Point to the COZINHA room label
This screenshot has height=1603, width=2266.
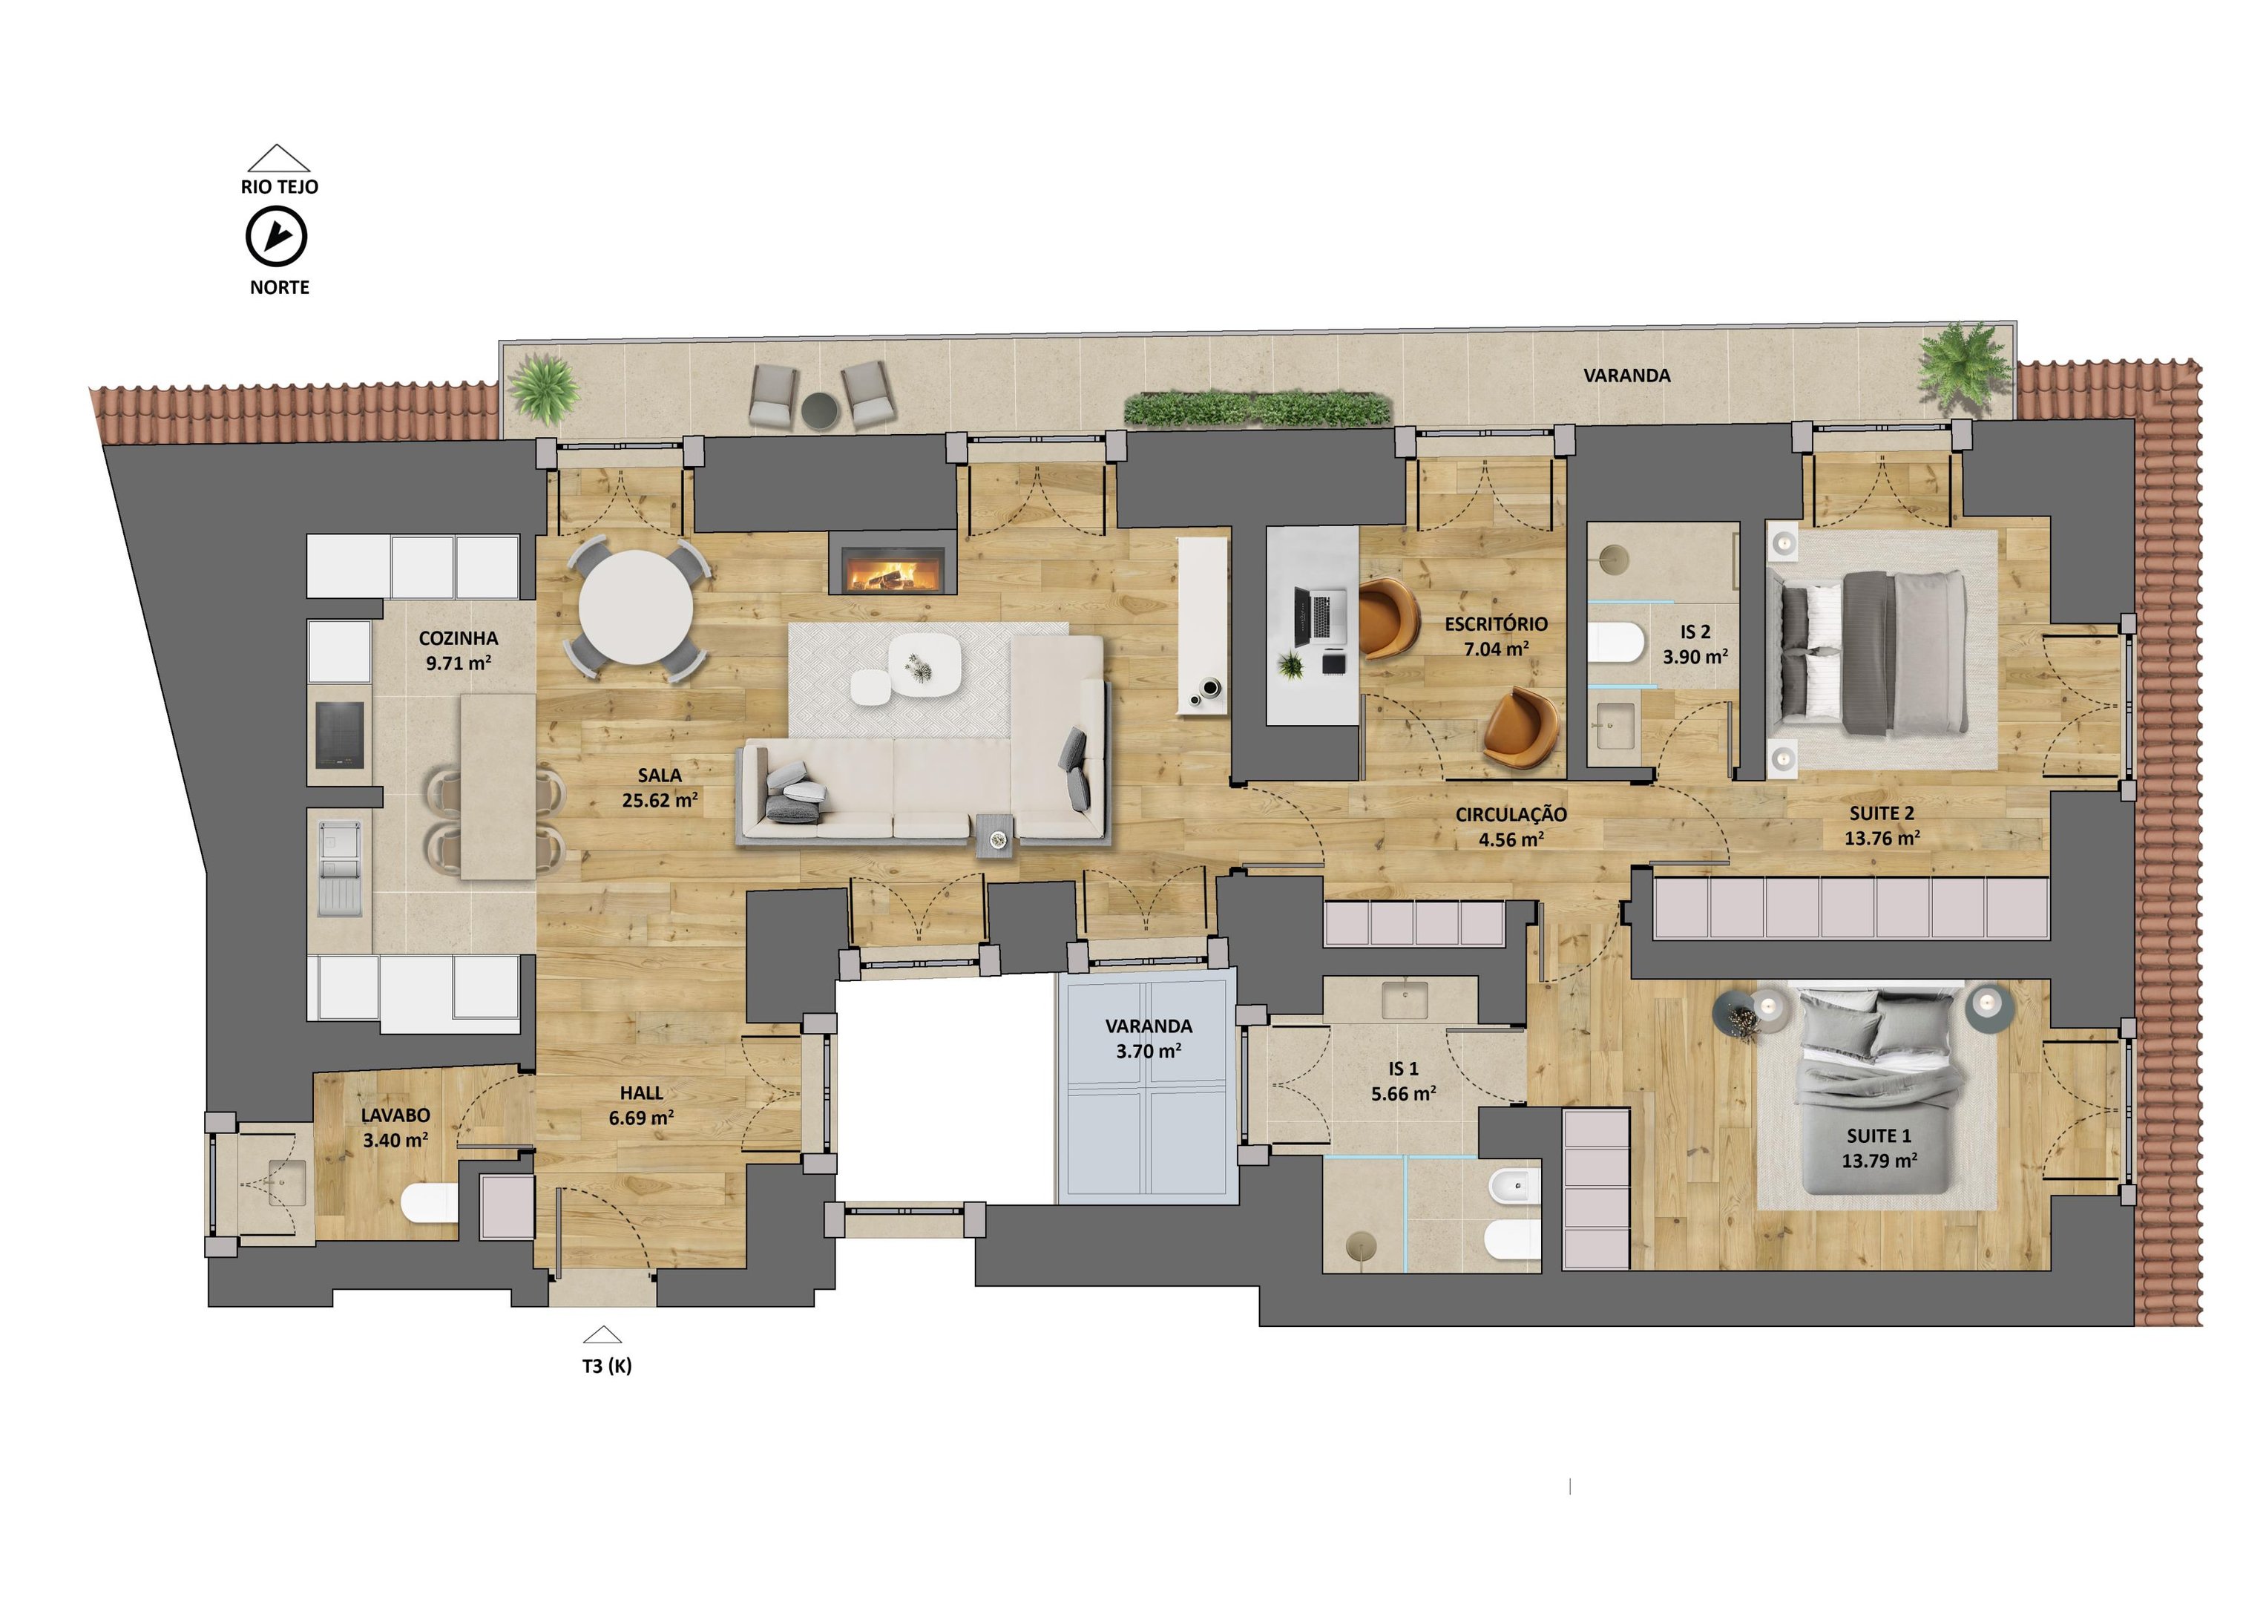[458, 651]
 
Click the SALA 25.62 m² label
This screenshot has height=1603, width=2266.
[660, 787]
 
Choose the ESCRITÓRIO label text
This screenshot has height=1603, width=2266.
[1496, 624]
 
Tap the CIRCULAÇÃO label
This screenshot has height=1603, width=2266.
[1511, 814]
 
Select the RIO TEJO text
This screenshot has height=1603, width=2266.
[279, 186]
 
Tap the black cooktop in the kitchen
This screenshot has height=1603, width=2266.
[338, 735]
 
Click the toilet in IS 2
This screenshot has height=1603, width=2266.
[1615, 643]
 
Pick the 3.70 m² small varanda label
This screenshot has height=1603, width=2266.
[1149, 1052]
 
